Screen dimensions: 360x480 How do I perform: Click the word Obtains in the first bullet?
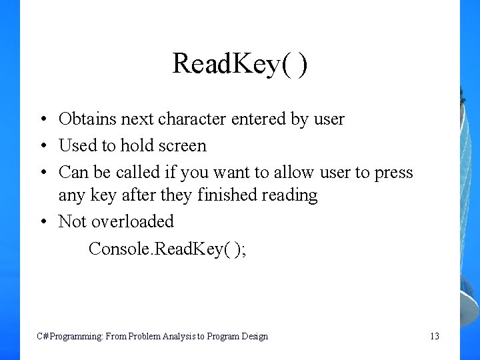(83, 119)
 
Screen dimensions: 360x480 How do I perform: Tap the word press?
(394, 173)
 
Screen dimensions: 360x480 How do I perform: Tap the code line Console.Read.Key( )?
(167, 249)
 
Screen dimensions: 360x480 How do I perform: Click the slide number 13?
(434, 337)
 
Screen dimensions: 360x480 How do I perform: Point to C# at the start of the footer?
(41, 337)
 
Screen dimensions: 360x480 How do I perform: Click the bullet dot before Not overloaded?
(41, 222)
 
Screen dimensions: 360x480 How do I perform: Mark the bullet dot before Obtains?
(41, 120)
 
